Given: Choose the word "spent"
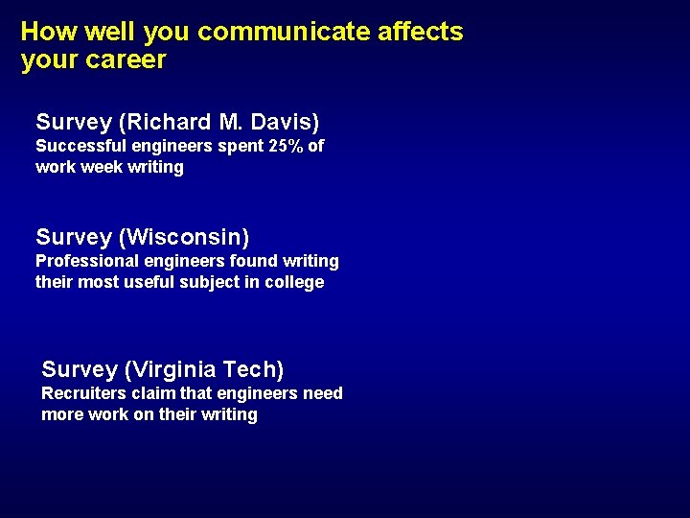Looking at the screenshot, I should [x=218, y=146].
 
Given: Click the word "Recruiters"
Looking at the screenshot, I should [x=83, y=393].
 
